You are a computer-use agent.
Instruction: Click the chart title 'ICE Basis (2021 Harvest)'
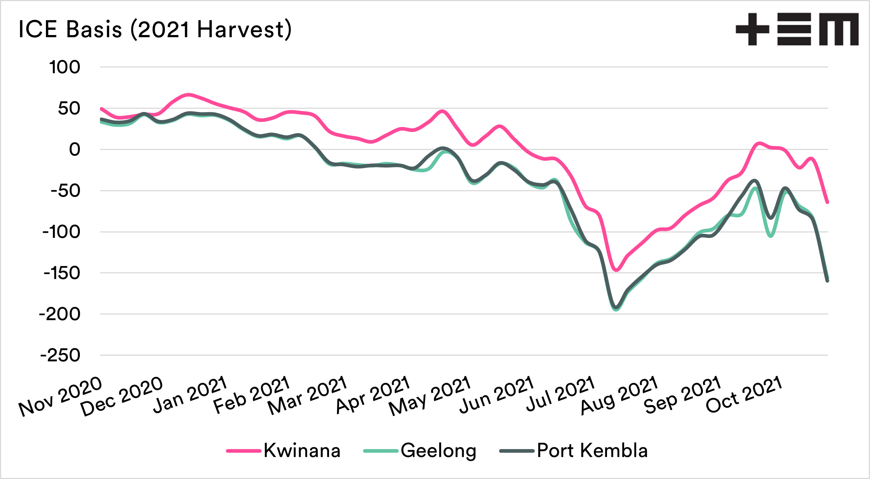click(155, 29)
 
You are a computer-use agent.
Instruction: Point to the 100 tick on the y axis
click(65, 67)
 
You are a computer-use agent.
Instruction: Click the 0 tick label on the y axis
click(74, 150)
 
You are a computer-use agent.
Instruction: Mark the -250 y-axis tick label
click(60, 355)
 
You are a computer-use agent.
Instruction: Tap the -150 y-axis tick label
click(62, 273)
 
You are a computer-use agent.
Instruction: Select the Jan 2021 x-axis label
click(190, 395)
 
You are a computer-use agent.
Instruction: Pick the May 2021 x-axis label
click(430, 396)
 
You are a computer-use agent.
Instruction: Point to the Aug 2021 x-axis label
click(619, 395)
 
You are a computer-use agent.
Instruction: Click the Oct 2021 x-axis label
click(744, 395)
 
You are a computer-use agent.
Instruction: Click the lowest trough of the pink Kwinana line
click(616, 270)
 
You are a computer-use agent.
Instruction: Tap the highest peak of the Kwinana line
click(188, 95)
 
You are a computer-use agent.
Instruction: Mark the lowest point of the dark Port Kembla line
click(616, 307)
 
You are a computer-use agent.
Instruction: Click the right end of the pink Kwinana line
click(827, 202)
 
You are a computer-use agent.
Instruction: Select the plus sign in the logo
click(752, 29)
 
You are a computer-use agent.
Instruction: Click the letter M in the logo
click(839, 29)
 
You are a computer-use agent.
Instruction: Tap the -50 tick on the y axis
click(65, 191)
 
